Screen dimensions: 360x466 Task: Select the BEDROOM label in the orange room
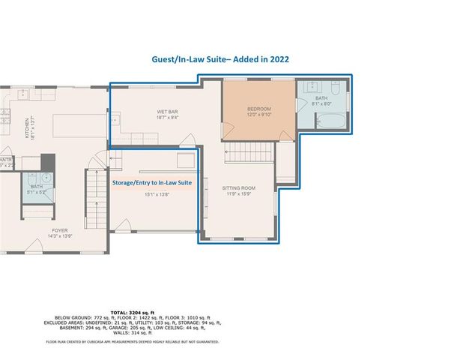click(259, 109)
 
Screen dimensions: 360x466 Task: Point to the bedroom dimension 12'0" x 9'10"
click(259, 115)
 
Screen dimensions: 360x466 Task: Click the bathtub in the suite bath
click(327, 121)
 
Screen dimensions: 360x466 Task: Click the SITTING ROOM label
click(239, 187)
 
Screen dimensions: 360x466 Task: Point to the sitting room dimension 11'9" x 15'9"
click(239, 193)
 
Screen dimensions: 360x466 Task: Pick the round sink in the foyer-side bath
click(46, 178)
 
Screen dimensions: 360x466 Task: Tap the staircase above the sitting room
click(249, 154)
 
